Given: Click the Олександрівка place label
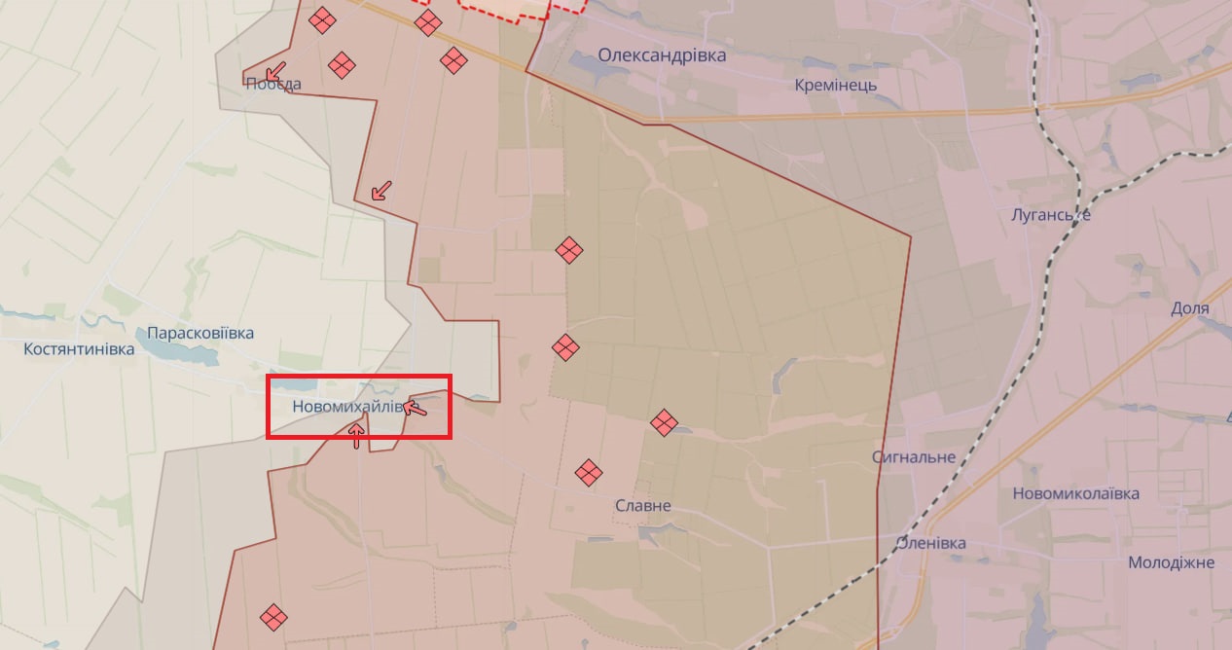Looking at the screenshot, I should tap(662, 55).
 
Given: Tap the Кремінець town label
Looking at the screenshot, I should tap(835, 85).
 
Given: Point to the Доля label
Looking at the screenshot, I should tap(1189, 308).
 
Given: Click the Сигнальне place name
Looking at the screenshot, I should tap(913, 457).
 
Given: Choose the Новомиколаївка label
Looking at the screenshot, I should tap(1075, 493).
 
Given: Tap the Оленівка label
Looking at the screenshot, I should tap(930, 543).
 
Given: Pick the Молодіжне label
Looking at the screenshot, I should tap(1171, 562).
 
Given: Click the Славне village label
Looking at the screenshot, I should tap(642, 506).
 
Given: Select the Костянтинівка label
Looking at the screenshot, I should tap(79, 348).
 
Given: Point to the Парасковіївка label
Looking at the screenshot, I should tap(200, 333).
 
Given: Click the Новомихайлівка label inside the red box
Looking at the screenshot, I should tap(346, 407).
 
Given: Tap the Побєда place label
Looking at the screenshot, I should tap(272, 84).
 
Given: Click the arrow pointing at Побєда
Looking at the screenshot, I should tap(275, 70).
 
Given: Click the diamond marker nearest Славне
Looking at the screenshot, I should tap(588, 473).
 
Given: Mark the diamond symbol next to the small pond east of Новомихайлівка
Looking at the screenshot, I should tap(664, 421).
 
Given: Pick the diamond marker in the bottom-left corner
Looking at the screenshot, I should tap(273, 616).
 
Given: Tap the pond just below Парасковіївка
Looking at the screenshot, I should tap(195, 356).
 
